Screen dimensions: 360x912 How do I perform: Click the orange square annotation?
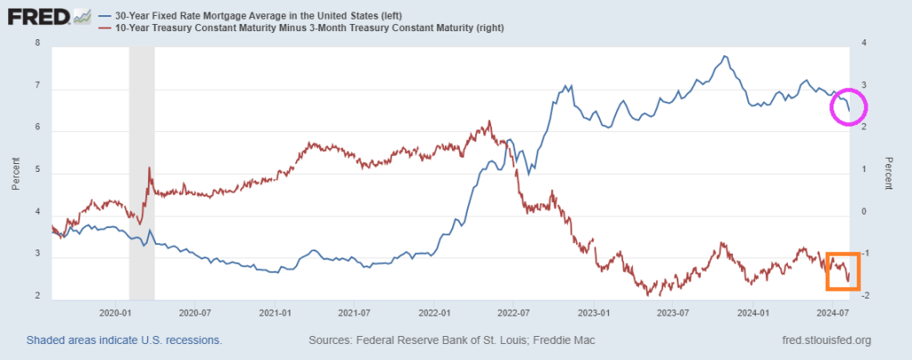point(842,271)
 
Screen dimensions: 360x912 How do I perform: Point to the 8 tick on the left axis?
point(38,44)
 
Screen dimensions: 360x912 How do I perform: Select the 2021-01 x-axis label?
point(275,313)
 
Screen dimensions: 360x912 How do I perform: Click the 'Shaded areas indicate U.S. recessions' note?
point(124,340)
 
